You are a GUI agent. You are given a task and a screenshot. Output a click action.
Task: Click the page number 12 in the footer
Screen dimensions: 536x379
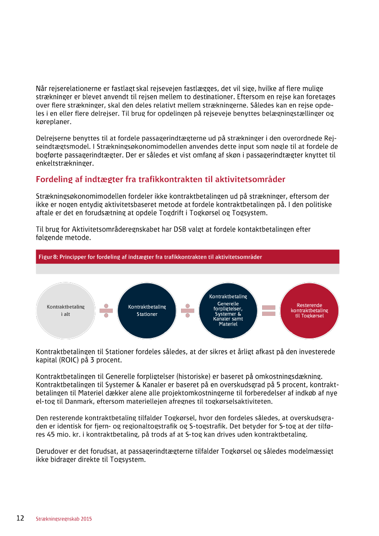pyautogui.click(x=20, y=518)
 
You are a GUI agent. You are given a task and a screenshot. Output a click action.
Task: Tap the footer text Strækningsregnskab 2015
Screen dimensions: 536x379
pyautogui.click(x=64, y=519)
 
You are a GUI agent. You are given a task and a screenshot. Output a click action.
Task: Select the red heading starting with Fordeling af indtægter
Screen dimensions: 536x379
pyautogui.click(x=160, y=179)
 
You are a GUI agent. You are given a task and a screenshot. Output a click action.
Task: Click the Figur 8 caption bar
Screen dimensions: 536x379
pyautogui.click(x=187, y=257)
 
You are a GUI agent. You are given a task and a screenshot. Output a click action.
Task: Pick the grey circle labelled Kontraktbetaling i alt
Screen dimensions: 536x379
pyautogui.click(x=66, y=310)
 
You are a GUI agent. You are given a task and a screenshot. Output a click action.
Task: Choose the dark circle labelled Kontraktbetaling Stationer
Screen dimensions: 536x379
pyautogui.click(x=147, y=310)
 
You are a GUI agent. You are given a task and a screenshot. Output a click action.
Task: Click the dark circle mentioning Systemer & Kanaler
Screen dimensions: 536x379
pyautogui.click(x=228, y=310)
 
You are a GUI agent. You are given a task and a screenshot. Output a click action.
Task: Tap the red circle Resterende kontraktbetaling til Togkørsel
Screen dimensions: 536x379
pyautogui.click(x=309, y=310)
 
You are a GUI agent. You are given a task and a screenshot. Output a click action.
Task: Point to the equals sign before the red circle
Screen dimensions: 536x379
pyautogui.click(x=269, y=310)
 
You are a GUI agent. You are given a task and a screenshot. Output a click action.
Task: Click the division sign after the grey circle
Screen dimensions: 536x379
pyautogui.click(x=106, y=310)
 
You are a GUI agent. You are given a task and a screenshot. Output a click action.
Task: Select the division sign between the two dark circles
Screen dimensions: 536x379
pyautogui.click(x=187, y=310)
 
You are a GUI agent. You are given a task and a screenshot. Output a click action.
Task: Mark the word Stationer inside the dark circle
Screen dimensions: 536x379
pyautogui.click(x=147, y=314)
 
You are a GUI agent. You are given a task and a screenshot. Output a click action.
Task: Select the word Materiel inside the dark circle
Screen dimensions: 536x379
pyautogui.click(x=228, y=324)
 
